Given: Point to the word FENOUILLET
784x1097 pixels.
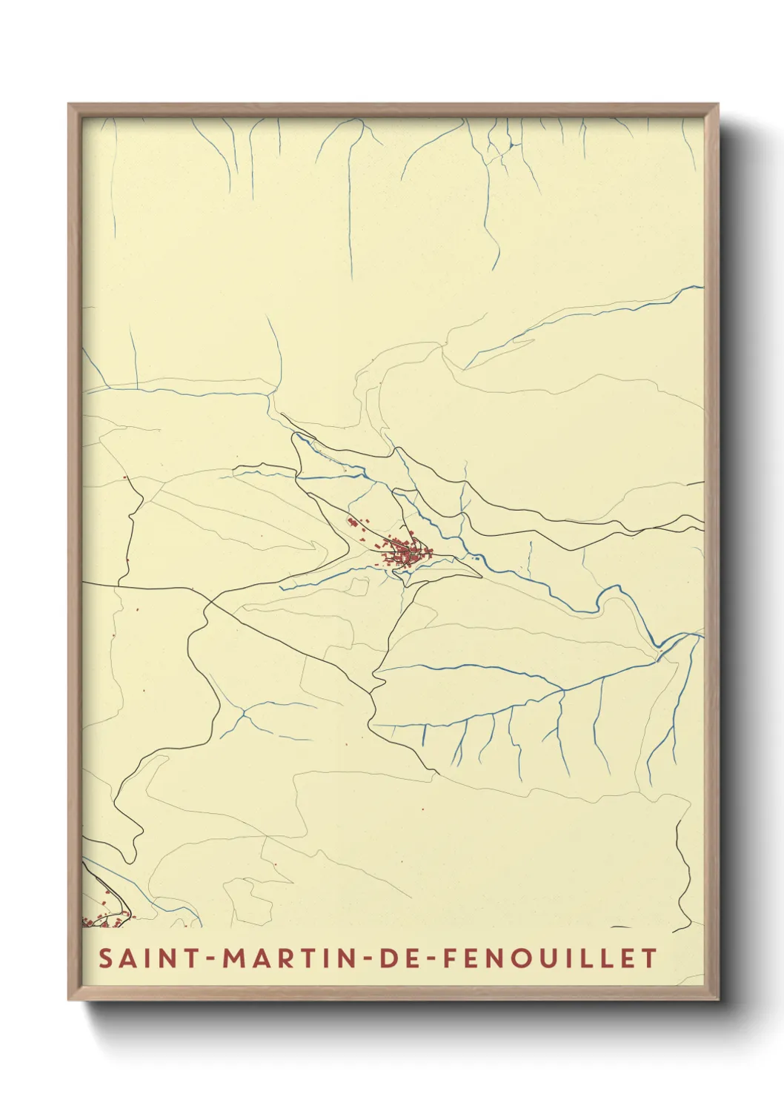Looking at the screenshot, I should point(549,958).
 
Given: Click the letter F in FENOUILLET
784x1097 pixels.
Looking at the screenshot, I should point(448,958).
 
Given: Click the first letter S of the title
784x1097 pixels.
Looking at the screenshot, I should point(105,958).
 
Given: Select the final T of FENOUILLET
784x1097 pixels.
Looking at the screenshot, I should point(650,958).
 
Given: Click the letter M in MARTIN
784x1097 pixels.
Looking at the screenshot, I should point(236,958).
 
